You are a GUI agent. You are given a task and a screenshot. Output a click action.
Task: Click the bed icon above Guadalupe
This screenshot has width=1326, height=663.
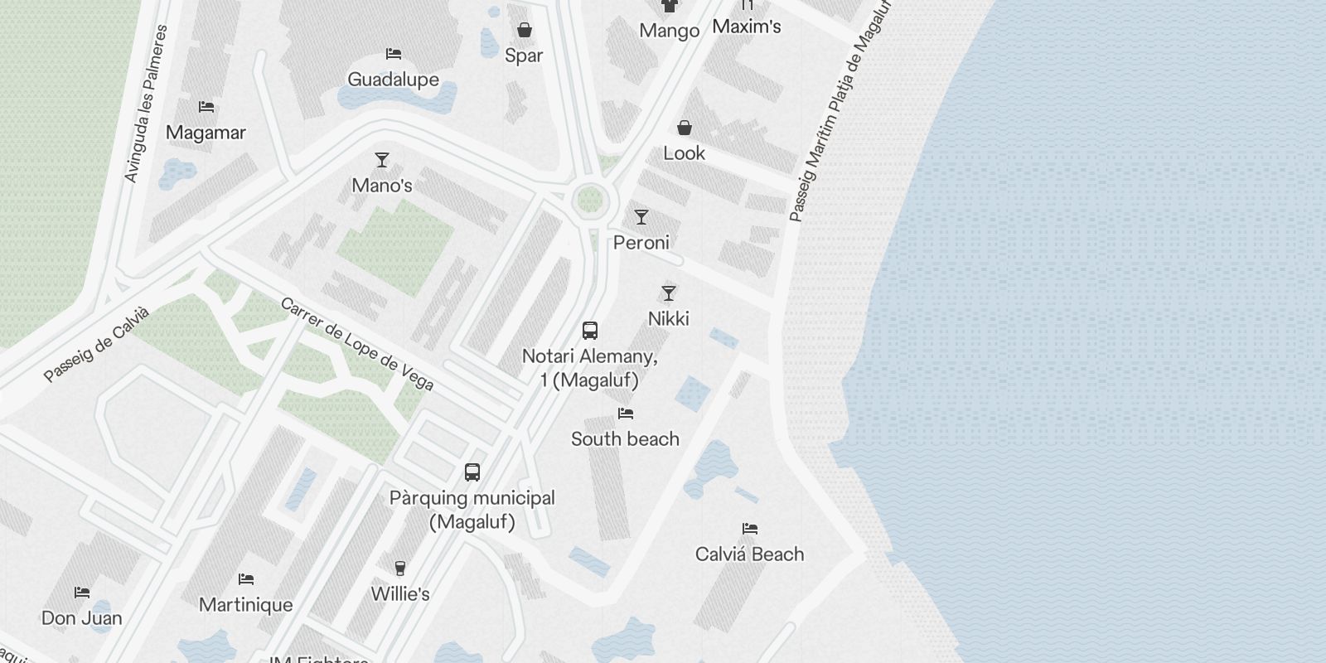pos(394,54)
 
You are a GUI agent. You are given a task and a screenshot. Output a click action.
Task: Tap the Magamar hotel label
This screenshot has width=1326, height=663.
pos(206,133)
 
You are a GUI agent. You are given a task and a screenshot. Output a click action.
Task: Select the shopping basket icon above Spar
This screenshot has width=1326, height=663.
pos(524,31)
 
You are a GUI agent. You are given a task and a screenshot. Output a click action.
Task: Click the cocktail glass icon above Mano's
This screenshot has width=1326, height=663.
pos(382,159)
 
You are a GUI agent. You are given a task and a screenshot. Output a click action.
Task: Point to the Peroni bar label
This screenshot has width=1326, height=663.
pos(641,243)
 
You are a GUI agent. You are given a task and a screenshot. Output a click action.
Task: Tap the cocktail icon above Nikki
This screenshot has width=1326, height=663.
pos(669,293)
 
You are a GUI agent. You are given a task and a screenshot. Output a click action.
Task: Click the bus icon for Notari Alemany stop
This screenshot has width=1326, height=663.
pos(590,331)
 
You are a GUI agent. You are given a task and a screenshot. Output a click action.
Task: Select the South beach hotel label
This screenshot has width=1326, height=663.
pos(625,439)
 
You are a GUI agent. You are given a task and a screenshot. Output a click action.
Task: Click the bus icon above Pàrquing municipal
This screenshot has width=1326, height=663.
pos(472,472)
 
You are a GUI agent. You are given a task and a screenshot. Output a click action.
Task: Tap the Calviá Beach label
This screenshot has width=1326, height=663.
pos(749,554)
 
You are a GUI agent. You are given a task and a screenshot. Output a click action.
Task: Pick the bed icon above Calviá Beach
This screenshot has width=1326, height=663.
pos(750,529)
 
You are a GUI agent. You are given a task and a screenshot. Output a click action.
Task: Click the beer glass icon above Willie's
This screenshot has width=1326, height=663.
pos(400,569)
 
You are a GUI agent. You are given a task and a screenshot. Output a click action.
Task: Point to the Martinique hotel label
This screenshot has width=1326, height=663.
pos(246,605)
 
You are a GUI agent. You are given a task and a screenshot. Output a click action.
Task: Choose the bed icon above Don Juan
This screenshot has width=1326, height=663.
pos(82,593)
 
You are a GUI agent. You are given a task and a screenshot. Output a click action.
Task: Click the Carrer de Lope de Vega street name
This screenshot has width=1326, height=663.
pos(357,343)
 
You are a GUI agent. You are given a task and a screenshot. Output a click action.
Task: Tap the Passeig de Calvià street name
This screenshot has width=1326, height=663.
pos(97,344)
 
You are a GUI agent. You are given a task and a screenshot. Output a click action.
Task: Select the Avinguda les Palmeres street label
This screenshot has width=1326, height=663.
pos(146,104)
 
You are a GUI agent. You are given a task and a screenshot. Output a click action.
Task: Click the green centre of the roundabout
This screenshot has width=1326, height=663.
pos(589,199)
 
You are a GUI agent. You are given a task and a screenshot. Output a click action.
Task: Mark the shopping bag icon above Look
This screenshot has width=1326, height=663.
pos(685,128)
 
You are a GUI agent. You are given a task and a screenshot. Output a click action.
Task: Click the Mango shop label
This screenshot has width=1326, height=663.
pos(669,31)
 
